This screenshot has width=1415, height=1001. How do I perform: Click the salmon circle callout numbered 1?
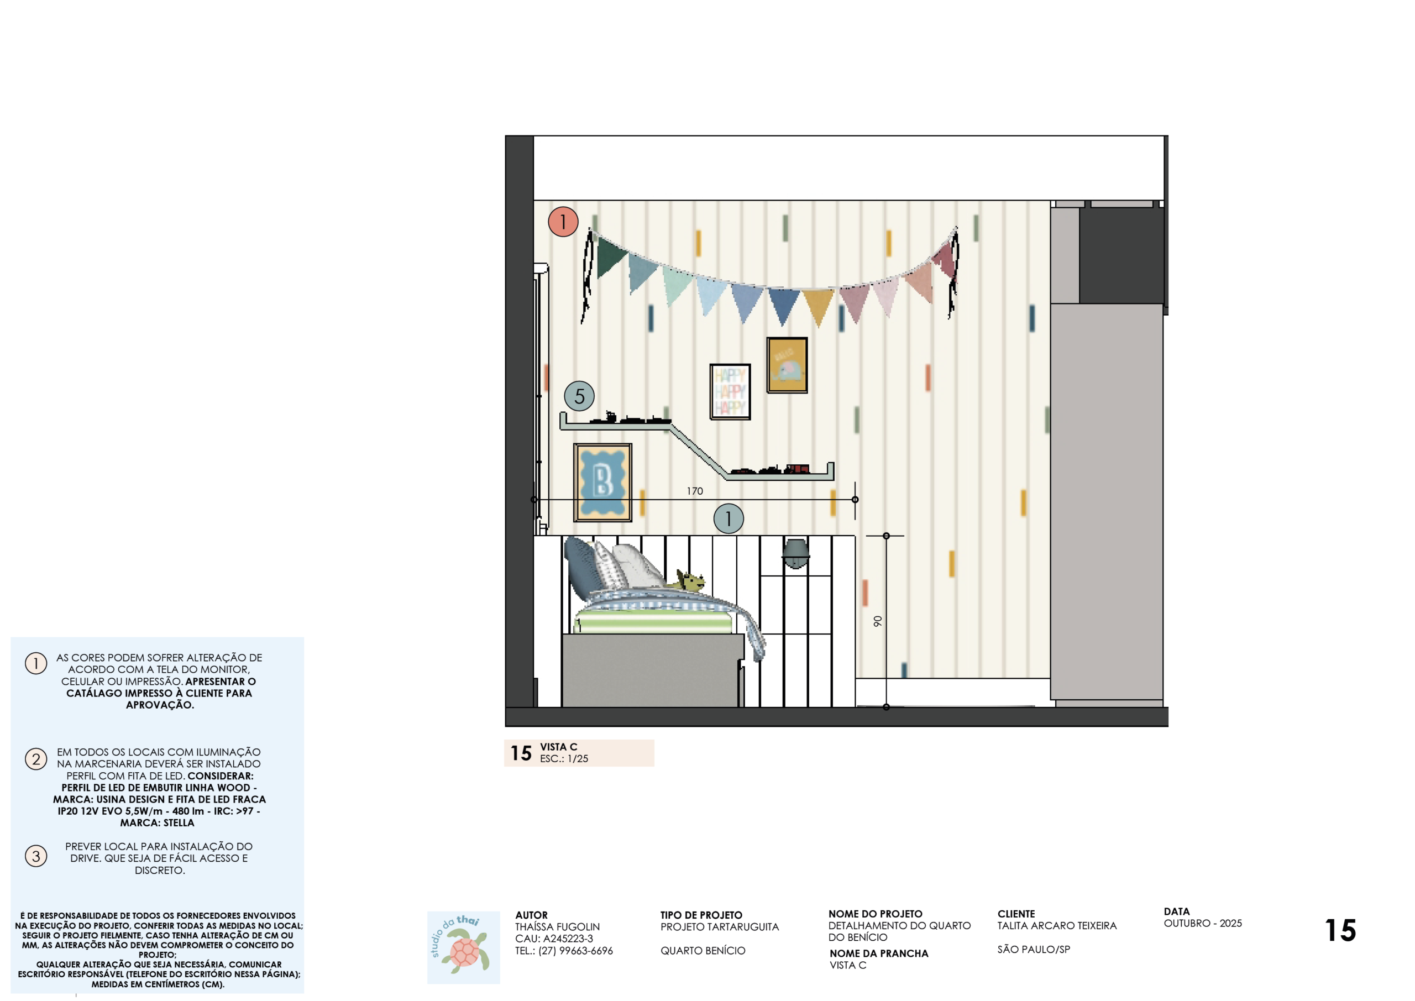point(563,222)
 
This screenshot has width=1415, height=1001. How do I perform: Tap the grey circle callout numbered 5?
point(579,396)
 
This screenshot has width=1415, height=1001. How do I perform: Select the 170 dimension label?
point(695,491)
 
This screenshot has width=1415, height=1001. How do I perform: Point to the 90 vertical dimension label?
point(878,621)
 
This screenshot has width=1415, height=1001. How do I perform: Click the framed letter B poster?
point(602,483)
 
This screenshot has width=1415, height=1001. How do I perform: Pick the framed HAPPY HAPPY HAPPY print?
point(730,391)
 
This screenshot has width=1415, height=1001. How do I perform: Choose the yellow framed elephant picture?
point(787,365)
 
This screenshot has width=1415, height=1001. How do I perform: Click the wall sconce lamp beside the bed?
point(795,553)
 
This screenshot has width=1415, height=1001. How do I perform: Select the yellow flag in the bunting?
point(819,305)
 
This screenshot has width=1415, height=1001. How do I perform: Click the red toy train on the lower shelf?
point(798,469)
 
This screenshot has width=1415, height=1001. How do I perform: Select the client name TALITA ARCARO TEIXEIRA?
point(1057,926)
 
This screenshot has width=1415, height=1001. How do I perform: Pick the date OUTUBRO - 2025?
point(1202,923)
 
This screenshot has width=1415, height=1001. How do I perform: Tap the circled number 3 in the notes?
point(36,856)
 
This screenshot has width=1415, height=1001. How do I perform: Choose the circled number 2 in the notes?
point(36,759)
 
